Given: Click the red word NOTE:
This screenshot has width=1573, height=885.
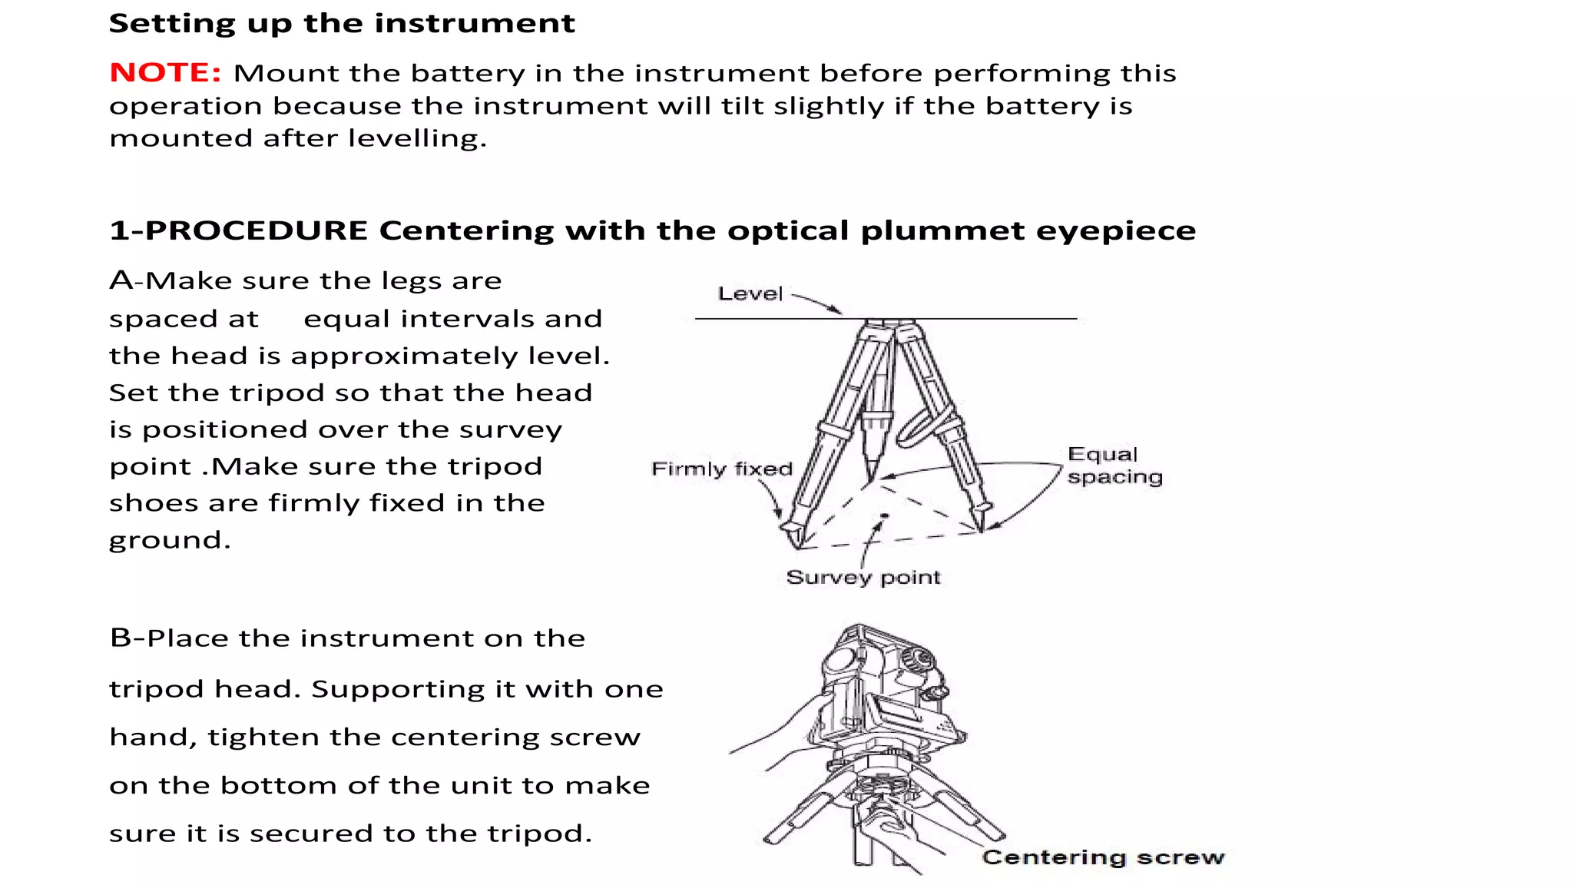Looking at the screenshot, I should tap(165, 72).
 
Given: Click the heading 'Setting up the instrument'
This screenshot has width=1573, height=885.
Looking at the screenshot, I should tap(341, 23).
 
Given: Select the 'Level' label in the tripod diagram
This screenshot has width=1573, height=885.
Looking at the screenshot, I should tap(750, 293).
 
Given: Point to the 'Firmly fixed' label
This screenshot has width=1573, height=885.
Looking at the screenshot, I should tap(721, 469).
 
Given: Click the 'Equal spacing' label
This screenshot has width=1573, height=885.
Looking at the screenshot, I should tap(1114, 466).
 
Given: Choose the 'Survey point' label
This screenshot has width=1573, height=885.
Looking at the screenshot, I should tap(863, 577).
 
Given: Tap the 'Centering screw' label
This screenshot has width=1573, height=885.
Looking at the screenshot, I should tap(1103, 857).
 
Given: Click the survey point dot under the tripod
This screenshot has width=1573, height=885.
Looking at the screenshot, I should tap(885, 515).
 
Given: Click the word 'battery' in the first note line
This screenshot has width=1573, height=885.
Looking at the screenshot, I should tap(468, 73).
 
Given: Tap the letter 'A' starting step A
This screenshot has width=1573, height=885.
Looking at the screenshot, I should tap(120, 280).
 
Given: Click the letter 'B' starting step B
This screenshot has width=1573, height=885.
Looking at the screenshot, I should tap(120, 638).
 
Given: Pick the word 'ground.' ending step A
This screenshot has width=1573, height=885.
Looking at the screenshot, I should tap(169, 540).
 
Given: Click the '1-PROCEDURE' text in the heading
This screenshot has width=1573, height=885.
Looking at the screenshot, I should tap(239, 230).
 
